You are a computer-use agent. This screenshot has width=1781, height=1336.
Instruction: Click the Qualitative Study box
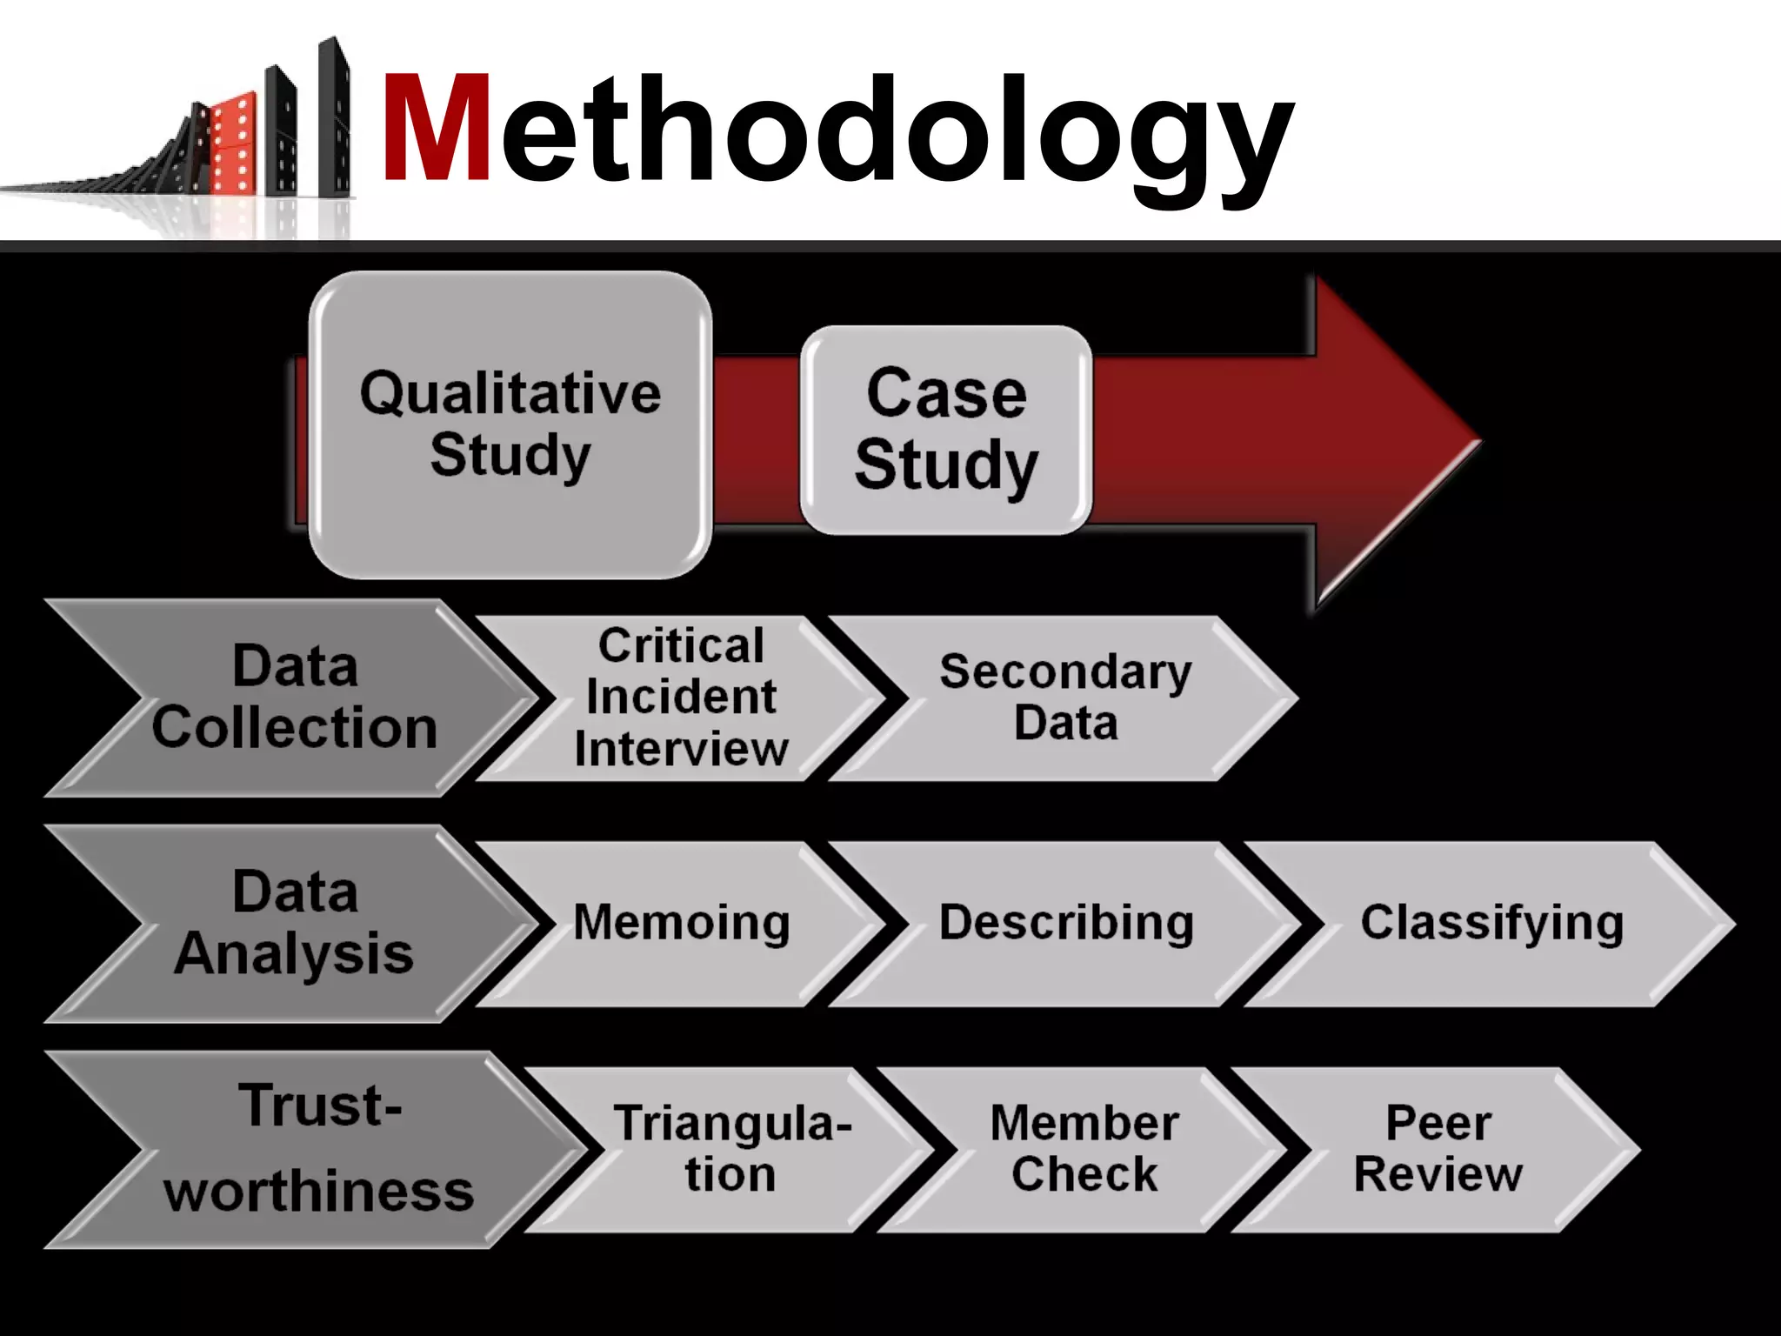pos(510,424)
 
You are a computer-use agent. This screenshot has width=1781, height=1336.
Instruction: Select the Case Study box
pos(946,430)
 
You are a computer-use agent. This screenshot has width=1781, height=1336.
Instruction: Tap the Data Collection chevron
pos(294,698)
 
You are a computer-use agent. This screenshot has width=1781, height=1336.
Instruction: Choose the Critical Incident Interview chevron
pos(681,698)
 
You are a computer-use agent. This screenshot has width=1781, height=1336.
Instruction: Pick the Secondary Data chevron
pos(1065,698)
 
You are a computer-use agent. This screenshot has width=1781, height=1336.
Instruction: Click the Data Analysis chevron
pos(294,924)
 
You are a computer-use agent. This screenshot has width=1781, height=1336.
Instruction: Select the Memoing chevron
pos(681,924)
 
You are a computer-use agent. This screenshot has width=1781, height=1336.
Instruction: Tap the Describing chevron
pos(1065,924)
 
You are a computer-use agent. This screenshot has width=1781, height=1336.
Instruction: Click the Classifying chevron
pos(1491,924)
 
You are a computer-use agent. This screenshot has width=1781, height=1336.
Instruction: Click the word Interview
pos(681,750)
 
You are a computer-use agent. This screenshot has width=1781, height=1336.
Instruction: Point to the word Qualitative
pos(510,393)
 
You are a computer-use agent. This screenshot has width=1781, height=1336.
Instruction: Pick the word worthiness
pos(318,1192)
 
